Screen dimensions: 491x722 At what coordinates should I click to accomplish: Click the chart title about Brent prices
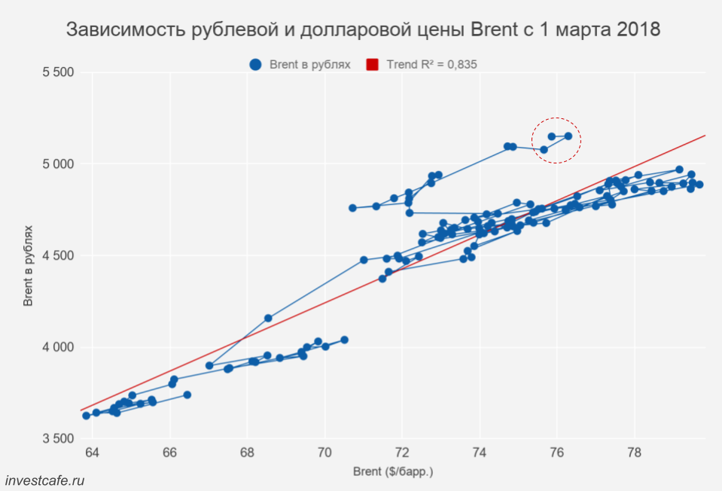click(364, 30)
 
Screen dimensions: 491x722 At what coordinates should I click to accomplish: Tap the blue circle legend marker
click(255, 65)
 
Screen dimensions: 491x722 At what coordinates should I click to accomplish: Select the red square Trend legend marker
click(372, 65)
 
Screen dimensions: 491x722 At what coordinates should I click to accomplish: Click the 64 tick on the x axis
click(93, 453)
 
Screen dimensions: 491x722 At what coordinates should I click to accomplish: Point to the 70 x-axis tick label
click(325, 453)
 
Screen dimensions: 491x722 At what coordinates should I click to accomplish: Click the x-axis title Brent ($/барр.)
click(393, 472)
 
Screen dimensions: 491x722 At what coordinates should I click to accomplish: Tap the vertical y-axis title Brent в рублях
click(28, 264)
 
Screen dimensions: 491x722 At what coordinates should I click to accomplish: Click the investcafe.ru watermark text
click(44, 480)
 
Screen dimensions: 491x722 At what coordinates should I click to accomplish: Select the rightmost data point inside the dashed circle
click(568, 136)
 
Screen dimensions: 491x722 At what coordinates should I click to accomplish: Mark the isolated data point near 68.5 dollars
click(268, 319)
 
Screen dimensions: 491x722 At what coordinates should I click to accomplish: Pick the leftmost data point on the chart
click(86, 416)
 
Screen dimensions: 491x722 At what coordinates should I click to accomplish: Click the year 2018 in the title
click(635, 30)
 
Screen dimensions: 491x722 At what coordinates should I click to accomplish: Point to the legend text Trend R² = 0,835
click(431, 65)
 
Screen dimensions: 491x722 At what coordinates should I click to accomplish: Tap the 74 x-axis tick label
click(480, 453)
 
